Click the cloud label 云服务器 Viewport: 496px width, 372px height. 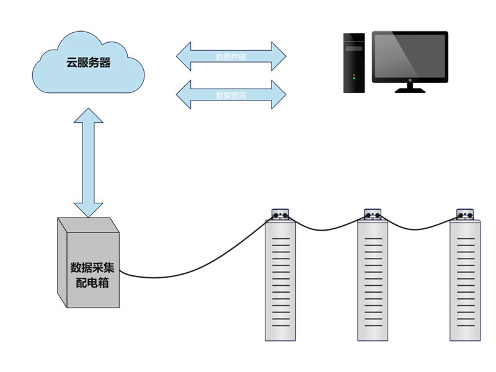pyautogui.click(x=89, y=63)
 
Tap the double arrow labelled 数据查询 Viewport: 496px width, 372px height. pyautogui.click(x=231, y=95)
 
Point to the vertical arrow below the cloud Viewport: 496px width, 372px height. pyautogui.click(x=88, y=162)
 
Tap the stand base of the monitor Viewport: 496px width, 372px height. pyautogui.click(x=410, y=89)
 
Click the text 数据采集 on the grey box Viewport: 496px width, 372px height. pyautogui.click(x=92, y=268)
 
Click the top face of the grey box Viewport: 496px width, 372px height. pyautogui.click(x=87, y=224)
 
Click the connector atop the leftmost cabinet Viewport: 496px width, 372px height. pyautogui.click(x=281, y=214)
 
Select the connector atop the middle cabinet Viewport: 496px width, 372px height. pyautogui.click(x=374, y=214)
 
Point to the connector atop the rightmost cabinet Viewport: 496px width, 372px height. pyautogui.click(x=466, y=214)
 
